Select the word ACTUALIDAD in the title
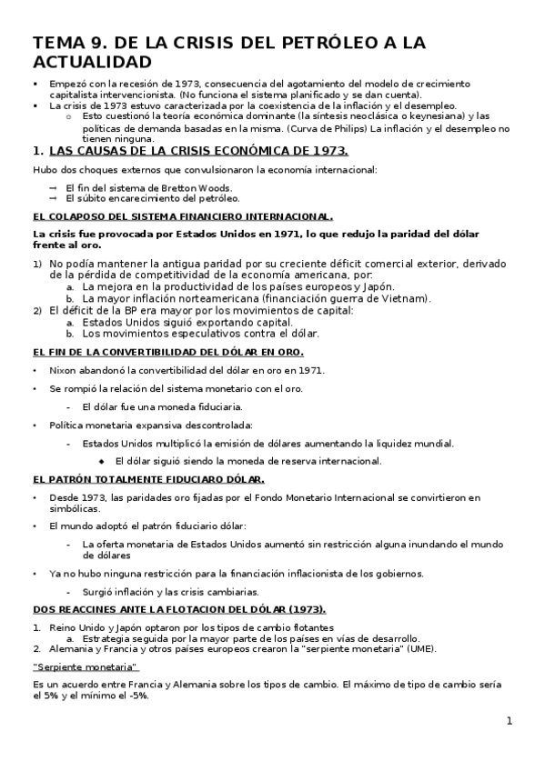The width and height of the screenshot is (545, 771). [x=92, y=63]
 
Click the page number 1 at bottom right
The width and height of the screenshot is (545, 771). [x=510, y=721]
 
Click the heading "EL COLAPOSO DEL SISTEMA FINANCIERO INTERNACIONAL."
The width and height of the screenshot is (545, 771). [x=182, y=216]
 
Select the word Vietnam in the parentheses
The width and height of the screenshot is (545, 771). [x=405, y=298]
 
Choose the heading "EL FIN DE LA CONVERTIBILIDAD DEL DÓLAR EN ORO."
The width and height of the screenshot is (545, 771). [x=167, y=352]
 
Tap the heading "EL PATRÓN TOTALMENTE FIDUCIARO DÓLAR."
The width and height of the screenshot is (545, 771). [x=148, y=478]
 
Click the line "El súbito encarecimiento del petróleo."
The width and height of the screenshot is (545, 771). [x=152, y=197]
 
